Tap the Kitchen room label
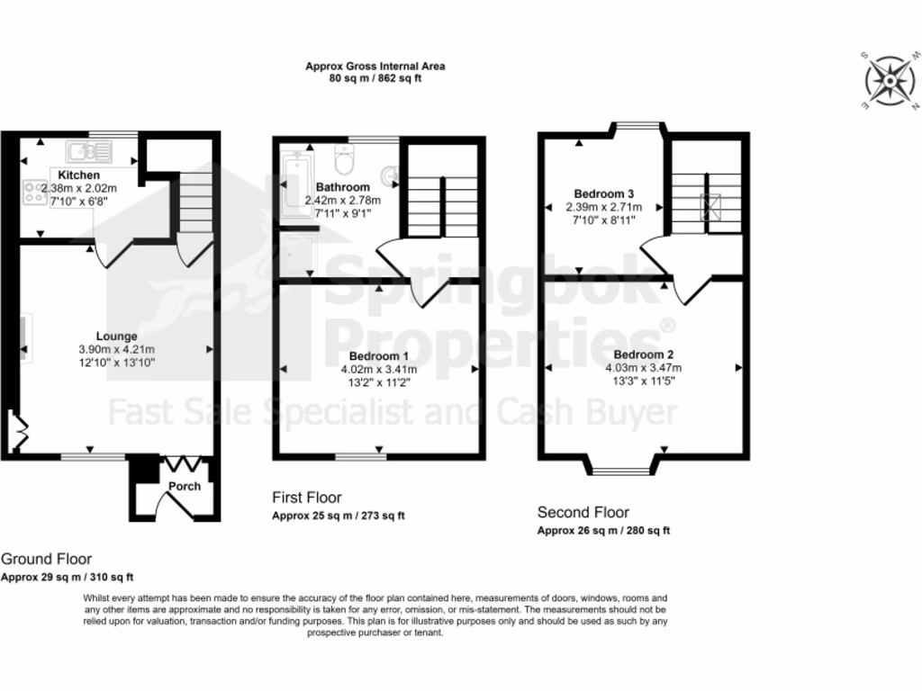point(79,175)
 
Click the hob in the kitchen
point(37,192)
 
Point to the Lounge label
point(117,337)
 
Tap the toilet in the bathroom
point(344,160)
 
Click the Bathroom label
point(342,187)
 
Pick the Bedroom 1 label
point(378,354)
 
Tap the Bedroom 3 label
point(604,193)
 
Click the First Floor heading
point(307,498)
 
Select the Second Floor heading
point(583,513)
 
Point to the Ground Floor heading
point(46,560)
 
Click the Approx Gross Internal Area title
point(375,66)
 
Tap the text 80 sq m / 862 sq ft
point(375,78)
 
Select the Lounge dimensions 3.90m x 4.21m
point(117,349)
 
